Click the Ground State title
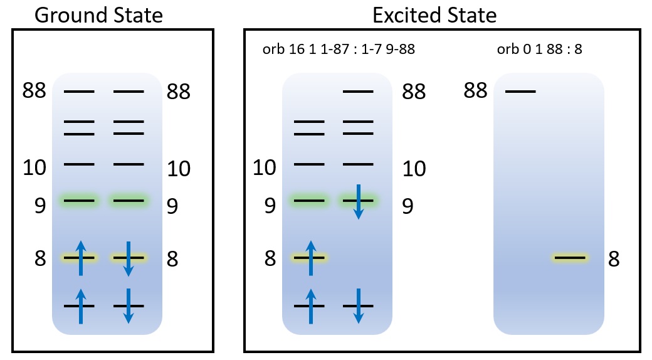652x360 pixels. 99,15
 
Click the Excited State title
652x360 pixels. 434,15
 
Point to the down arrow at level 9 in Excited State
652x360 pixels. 358,201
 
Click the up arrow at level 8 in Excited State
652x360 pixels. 310,257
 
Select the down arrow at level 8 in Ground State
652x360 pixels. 128,258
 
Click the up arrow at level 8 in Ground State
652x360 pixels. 80,257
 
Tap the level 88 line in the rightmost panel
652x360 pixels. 520,92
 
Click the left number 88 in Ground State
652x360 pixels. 34,91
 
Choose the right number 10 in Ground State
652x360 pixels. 179,169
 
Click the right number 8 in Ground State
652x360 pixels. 172,258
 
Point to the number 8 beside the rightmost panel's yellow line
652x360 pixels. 614,258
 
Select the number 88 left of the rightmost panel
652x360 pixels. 476,91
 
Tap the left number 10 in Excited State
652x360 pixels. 265,167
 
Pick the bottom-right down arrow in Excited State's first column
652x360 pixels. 358,305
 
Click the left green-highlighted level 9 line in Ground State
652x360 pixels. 79,201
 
